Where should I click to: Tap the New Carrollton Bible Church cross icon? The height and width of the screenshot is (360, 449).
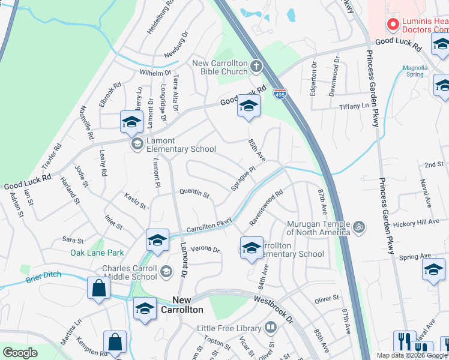coord(256,65)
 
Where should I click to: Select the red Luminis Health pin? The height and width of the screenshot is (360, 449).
coord(393,25)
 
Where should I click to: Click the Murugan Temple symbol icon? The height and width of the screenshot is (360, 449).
coord(359,227)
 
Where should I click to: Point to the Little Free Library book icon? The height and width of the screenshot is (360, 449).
coord(271,328)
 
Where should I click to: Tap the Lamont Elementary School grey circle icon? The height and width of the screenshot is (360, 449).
coord(137,143)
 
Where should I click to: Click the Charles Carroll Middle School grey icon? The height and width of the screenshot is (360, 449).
coord(167,272)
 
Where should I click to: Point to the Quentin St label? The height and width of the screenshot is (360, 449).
coord(194,194)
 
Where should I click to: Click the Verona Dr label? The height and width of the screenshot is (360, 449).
coord(205,249)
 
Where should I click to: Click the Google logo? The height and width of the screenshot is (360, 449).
coord(20,353)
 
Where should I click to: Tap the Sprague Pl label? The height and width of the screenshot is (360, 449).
coord(244,179)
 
